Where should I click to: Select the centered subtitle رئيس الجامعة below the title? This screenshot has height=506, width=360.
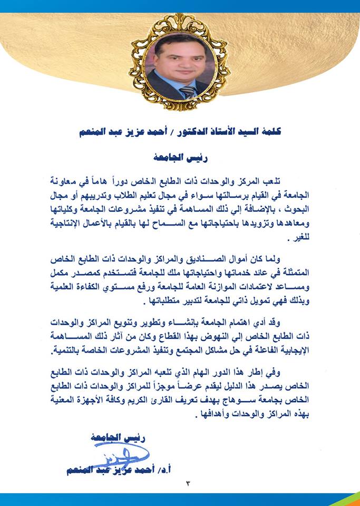(x=180, y=157)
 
